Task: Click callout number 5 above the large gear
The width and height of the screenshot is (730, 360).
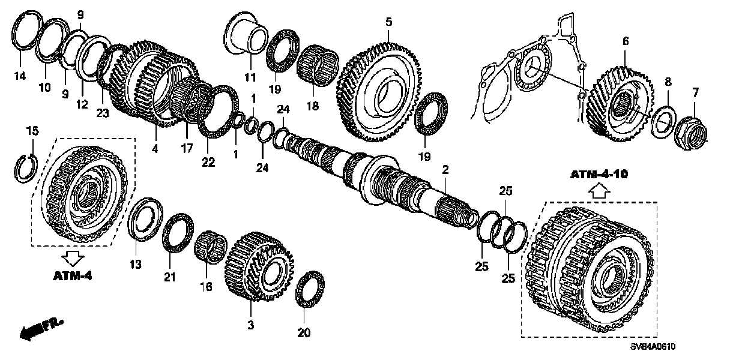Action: pyautogui.click(x=388, y=22)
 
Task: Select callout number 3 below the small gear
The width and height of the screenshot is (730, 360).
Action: pyautogui.click(x=251, y=325)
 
